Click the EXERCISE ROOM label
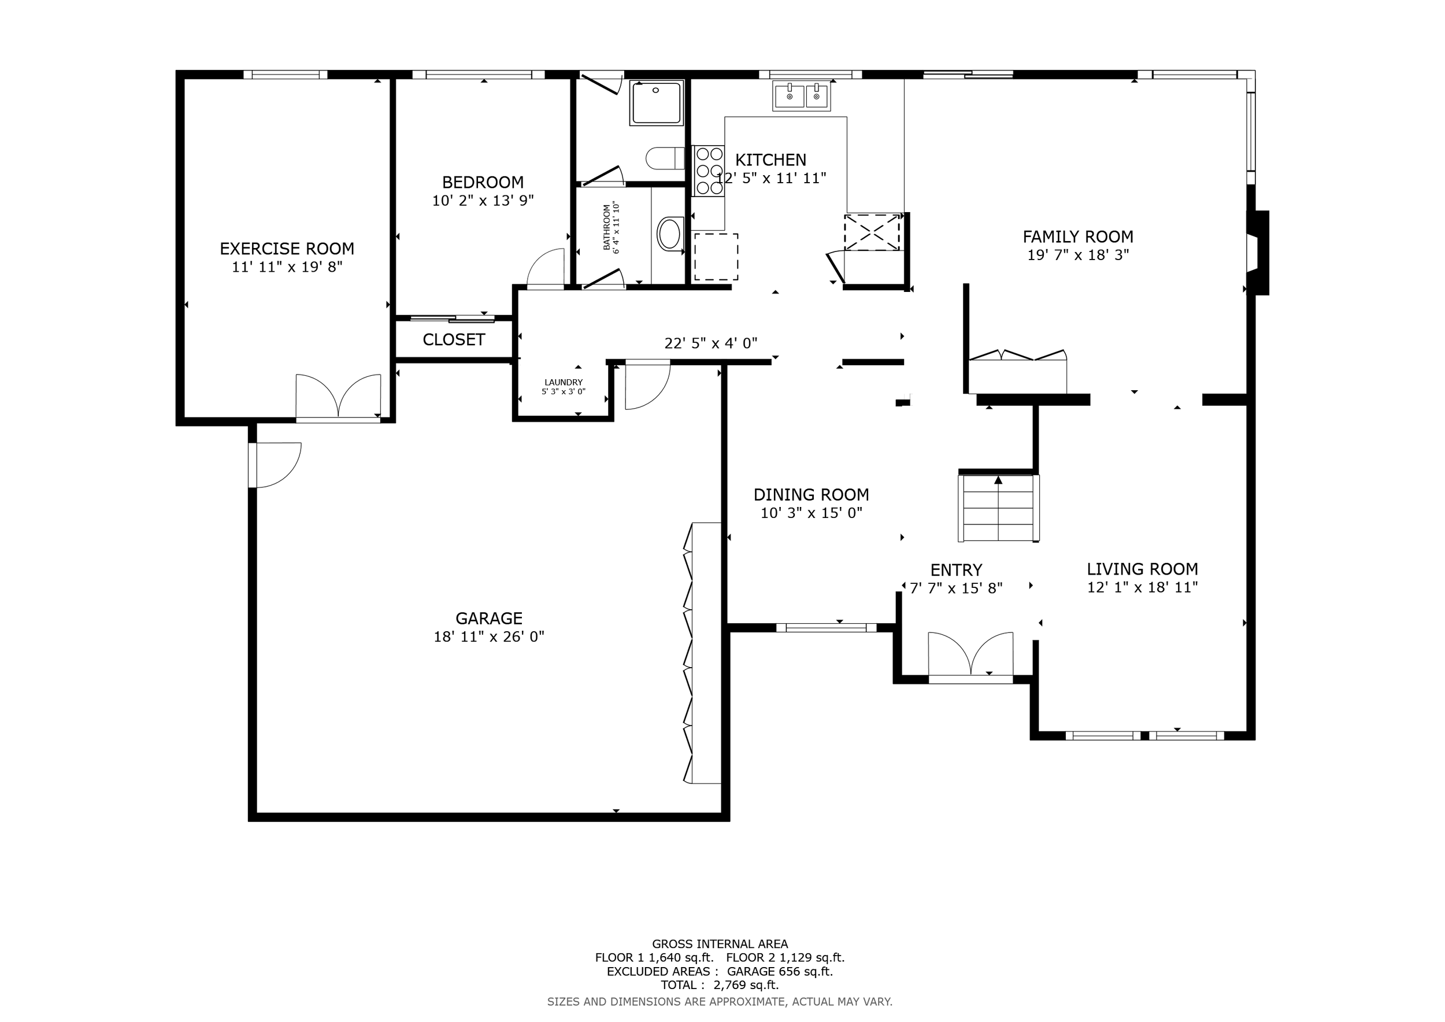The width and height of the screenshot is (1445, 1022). pos(287,249)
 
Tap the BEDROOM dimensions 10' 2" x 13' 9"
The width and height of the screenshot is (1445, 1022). pos(483,201)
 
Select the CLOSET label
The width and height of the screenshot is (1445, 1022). pos(454,340)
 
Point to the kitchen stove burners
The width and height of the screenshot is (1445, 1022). pos(709,171)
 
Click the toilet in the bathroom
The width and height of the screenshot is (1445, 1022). pos(665,158)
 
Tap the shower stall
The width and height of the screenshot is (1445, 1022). pos(657,102)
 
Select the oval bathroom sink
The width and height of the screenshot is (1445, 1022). pos(670,234)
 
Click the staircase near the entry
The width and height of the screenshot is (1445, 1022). pos(998,508)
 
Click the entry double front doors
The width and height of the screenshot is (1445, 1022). pos(971,658)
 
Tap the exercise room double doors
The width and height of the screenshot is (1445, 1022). pos(339,398)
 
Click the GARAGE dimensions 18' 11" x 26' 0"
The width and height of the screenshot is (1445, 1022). pos(489,637)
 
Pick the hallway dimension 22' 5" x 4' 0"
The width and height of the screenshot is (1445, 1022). pos(711,343)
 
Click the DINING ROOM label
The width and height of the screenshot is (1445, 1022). pos(812,495)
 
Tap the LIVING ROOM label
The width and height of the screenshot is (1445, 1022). pos(1142,569)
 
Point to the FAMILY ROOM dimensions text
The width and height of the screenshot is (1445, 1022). pos(1078,255)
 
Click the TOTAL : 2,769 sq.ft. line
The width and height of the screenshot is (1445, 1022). pos(720,985)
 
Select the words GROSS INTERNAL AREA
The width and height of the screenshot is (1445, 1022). pos(720,944)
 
